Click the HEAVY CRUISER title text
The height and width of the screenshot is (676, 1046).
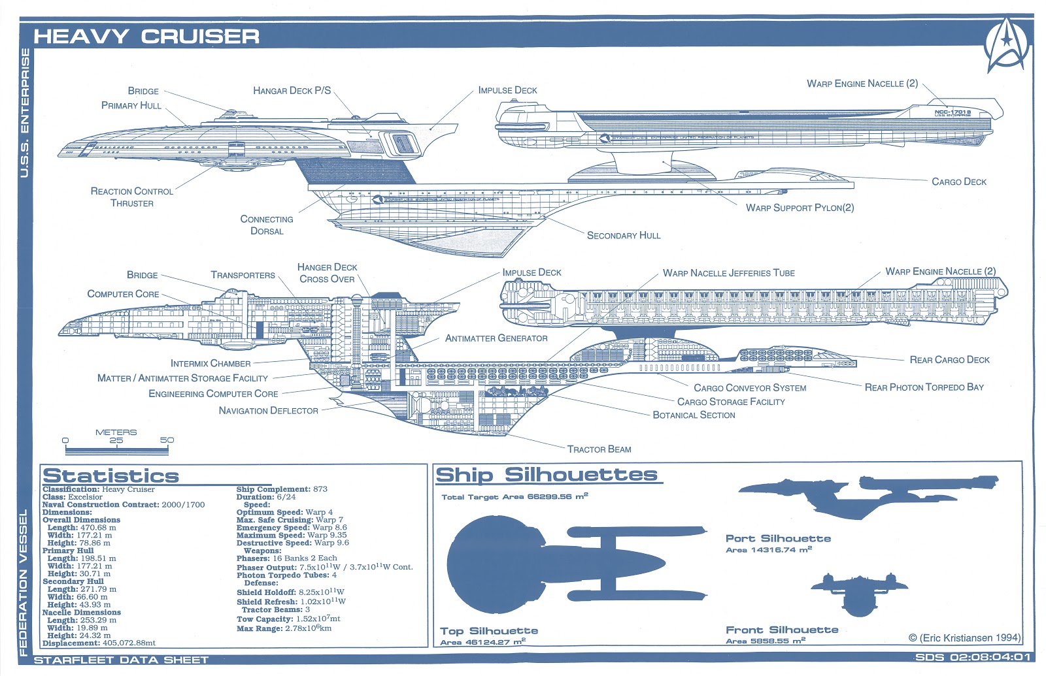click(146, 37)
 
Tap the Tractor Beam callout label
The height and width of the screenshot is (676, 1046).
click(599, 449)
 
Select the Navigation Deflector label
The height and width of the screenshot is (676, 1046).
click(268, 411)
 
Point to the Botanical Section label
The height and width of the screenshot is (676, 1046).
click(694, 415)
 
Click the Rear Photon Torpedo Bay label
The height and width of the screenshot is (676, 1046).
click(924, 387)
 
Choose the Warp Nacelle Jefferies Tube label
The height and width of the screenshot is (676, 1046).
click(728, 273)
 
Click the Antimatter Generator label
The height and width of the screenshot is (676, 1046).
click(496, 338)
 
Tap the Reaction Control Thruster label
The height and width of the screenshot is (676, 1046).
click(131, 197)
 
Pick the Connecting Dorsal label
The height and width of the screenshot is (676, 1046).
click(267, 225)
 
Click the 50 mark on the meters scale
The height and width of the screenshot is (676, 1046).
click(167, 440)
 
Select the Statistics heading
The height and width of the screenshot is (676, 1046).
click(110, 475)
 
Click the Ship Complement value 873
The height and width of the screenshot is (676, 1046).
click(320, 489)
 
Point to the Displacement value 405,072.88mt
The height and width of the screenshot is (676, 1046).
click(129, 643)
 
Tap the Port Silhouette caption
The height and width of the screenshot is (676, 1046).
click(778, 539)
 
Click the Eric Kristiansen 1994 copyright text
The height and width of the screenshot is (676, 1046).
click(964, 638)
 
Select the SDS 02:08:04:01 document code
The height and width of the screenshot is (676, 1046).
click(972, 657)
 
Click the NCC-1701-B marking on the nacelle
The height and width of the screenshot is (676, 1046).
click(953, 112)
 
